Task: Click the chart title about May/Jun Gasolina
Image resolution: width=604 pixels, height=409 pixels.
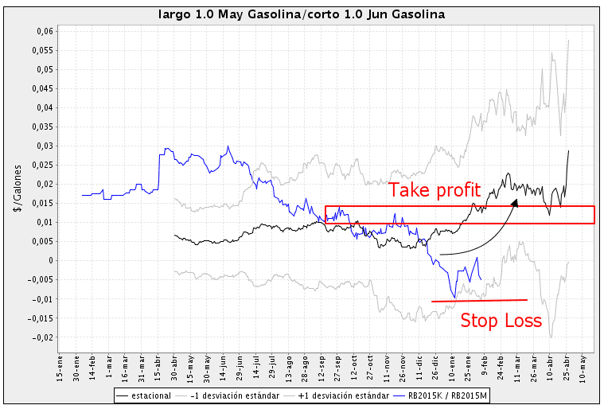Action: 302,14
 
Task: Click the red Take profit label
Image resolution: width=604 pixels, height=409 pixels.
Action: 434,190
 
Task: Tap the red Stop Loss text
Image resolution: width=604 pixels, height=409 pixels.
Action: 501,321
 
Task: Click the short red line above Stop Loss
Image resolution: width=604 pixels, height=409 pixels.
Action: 479,300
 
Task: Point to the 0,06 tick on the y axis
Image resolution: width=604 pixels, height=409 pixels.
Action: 43,31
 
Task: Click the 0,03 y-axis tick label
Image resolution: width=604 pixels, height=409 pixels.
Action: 43,146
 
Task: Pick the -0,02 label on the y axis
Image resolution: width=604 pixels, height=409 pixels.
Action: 41,337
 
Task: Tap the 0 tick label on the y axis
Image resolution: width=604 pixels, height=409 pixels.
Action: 50,261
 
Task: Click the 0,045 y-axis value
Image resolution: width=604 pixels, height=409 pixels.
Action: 41,88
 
